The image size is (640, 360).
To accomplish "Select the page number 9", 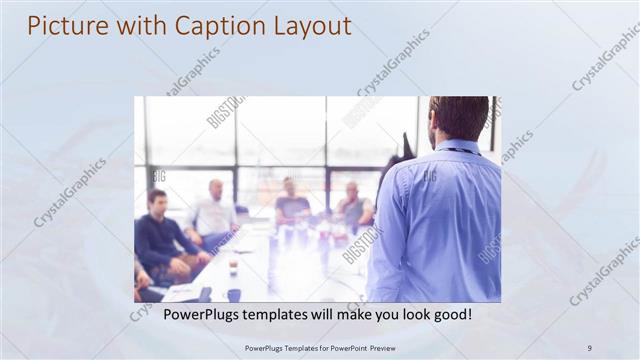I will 589,347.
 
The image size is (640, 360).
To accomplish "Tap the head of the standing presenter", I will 459,117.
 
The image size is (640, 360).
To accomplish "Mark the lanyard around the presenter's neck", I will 462,150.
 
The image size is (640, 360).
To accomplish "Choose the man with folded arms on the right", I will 354,207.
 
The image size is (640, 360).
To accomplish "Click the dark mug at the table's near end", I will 233,295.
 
